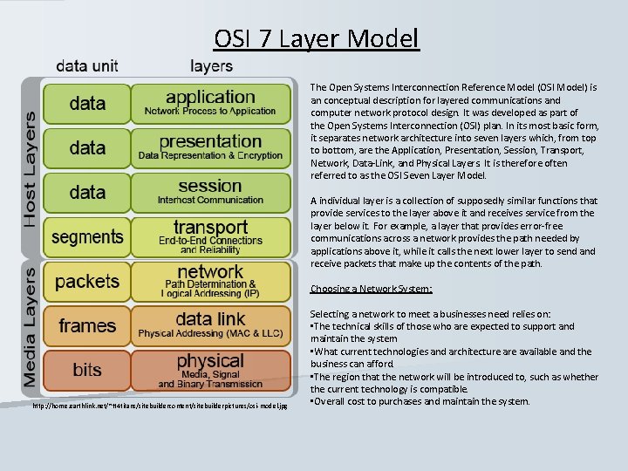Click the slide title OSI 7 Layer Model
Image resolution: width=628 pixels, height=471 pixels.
(317, 39)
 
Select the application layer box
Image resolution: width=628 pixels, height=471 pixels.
(210, 103)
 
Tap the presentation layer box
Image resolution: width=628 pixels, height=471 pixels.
(210, 147)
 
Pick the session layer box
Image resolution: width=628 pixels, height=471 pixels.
(210, 192)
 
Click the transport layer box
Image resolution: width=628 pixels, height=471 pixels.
(210, 236)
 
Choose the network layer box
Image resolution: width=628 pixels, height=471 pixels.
(210, 281)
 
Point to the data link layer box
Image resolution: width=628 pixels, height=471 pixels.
(210, 325)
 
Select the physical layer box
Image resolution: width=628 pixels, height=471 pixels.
(210, 370)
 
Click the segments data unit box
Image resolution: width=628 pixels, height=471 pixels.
(87, 236)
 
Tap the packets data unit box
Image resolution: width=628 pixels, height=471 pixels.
(87, 281)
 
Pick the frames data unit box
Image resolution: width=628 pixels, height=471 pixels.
(87, 325)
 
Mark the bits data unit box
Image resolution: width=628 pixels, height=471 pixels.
(87, 370)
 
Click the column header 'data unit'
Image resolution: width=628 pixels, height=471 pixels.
(87, 65)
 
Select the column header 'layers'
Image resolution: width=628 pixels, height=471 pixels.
(211, 65)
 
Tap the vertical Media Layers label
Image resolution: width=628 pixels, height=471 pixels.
(30, 326)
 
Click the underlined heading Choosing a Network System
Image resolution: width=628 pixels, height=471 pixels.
(372, 289)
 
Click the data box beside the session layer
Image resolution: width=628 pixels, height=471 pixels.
(87, 192)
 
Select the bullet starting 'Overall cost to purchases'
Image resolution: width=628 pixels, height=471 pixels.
(420, 401)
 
